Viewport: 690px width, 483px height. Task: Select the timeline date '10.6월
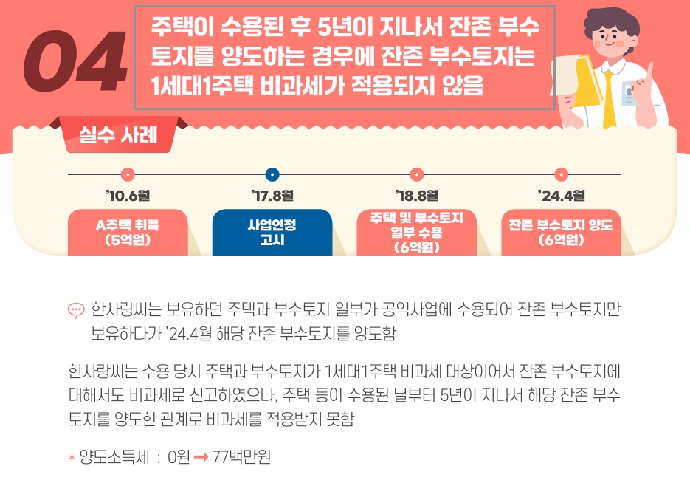128,196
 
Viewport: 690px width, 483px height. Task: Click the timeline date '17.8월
272,196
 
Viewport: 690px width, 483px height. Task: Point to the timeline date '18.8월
417,196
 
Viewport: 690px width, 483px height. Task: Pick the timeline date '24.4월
562,196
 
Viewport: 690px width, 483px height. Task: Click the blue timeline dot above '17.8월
272,175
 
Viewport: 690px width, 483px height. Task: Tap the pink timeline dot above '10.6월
128,175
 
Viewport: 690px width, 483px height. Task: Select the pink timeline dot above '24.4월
562,175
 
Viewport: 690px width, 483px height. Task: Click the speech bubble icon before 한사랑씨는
76,310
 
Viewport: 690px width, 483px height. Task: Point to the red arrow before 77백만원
200,458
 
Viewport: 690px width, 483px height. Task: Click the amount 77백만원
241,458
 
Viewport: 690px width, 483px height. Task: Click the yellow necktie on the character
610,100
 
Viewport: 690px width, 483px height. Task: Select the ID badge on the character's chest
628,95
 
